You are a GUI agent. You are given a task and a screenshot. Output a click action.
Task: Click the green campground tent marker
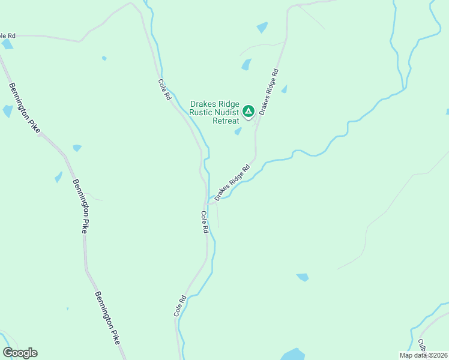click(x=248, y=111)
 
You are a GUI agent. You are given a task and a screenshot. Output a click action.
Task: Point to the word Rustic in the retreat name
click(x=200, y=112)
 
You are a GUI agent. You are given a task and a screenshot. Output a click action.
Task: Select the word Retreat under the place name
click(x=226, y=120)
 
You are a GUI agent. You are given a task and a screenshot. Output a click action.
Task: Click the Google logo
click(x=20, y=353)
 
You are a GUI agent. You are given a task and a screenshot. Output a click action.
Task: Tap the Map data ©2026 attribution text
click(x=423, y=355)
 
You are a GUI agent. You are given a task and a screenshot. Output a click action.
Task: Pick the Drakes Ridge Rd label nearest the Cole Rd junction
click(x=232, y=182)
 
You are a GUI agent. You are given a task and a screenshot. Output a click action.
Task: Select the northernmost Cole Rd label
click(x=164, y=89)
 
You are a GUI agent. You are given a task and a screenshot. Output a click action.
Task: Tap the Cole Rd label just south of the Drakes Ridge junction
click(x=205, y=221)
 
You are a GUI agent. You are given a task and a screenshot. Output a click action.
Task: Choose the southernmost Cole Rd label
click(x=180, y=305)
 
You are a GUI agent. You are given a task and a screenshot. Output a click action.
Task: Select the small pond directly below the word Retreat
click(x=238, y=131)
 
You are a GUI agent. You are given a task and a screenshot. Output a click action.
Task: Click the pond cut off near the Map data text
click(x=292, y=354)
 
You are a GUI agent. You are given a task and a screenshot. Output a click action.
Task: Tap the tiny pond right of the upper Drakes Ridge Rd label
click(x=284, y=89)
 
